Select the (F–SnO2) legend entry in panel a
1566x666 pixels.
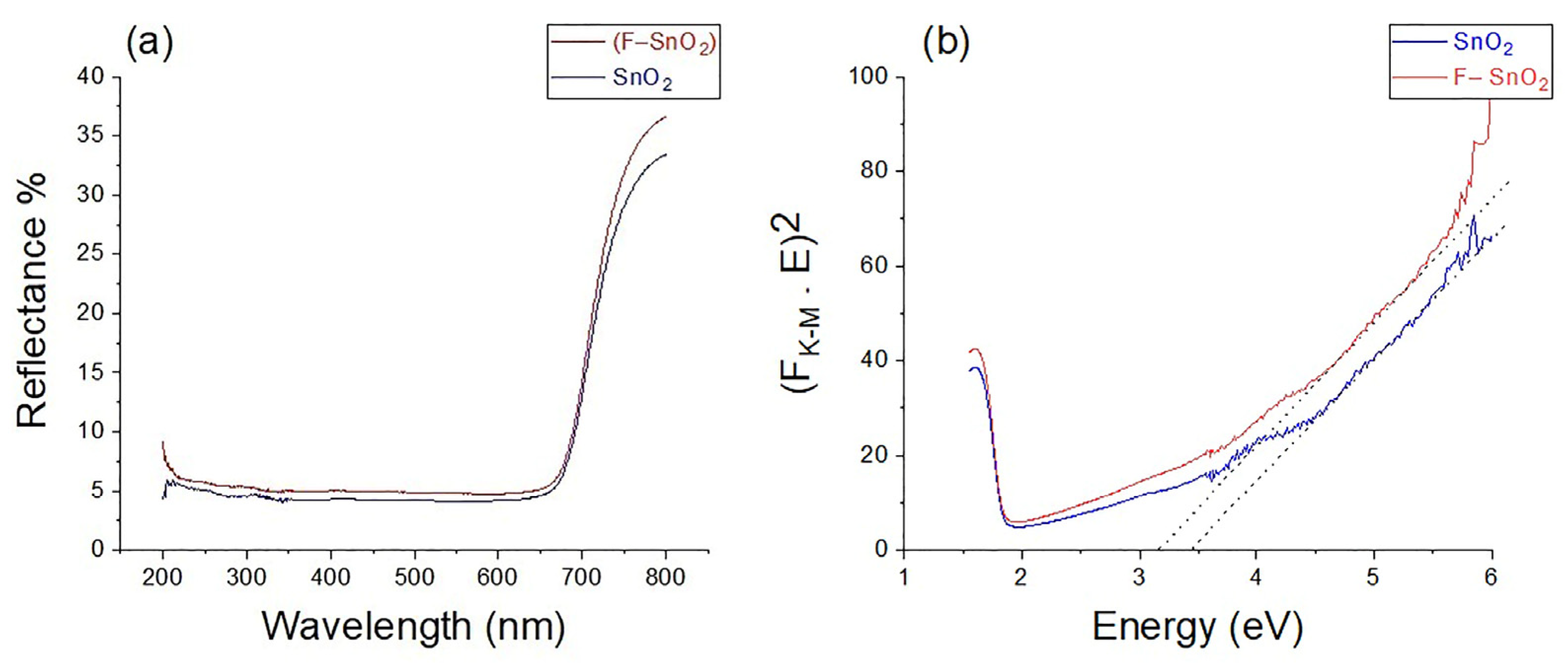click(x=663, y=43)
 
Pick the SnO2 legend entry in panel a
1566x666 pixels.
click(x=642, y=78)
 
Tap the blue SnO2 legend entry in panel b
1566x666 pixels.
click(x=1483, y=43)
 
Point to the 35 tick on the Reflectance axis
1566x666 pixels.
click(x=91, y=135)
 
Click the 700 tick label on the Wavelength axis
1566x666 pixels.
click(x=581, y=577)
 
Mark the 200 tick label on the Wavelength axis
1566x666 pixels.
click(x=162, y=577)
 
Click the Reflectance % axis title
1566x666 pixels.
click(x=32, y=301)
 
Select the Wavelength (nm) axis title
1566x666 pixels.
click(x=414, y=627)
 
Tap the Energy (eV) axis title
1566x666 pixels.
click(x=1198, y=627)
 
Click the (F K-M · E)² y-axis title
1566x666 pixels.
click(x=797, y=304)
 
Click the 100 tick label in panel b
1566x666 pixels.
click(x=868, y=77)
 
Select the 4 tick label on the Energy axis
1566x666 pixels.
click(x=1256, y=577)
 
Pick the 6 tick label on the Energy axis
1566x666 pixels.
click(x=1490, y=577)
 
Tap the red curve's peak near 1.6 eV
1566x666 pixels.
click(x=975, y=349)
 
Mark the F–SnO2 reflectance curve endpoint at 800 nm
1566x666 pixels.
click(x=665, y=117)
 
